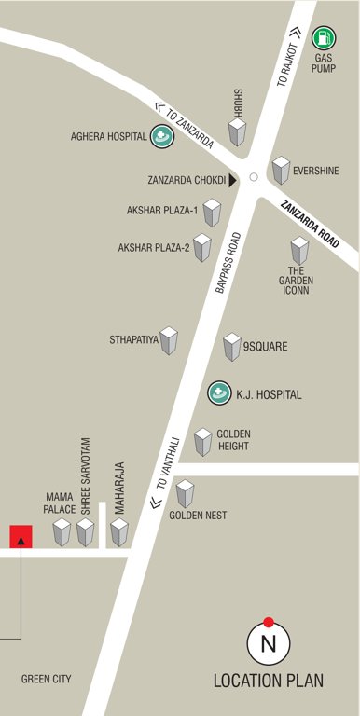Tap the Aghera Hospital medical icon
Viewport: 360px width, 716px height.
point(162,136)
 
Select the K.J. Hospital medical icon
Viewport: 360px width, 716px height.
point(218,393)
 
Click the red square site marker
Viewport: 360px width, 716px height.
point(21,536)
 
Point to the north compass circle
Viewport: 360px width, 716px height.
point(269,643)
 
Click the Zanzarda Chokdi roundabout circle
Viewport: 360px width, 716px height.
point(253,176)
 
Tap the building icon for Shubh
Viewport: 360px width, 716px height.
point(239,132)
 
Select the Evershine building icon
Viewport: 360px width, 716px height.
point(281,171)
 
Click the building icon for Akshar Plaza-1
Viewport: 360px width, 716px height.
point(213,213)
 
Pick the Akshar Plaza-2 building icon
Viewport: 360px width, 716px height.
point(201,248)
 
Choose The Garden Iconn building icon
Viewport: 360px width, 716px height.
point(298,251)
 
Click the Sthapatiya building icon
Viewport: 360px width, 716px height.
point(169,340)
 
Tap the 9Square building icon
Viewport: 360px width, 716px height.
point(232,347)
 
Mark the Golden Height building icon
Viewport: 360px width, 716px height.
point(203,442)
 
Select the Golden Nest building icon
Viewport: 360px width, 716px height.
point(185,493)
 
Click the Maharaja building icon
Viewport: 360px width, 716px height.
point(119,532)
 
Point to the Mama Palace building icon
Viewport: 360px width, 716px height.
point(62,532)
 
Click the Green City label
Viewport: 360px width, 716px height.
point(46,679)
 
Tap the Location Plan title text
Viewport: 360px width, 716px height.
point(269,681)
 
